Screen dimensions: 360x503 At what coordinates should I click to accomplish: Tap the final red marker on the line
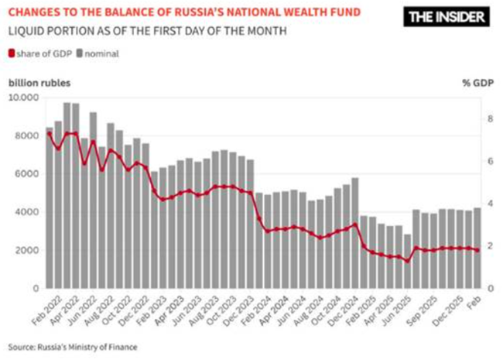click(477, 250)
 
